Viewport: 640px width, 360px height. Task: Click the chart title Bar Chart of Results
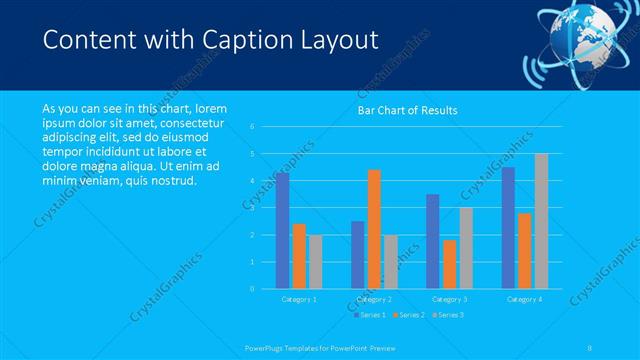407,110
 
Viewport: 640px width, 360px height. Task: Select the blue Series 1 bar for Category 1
283,230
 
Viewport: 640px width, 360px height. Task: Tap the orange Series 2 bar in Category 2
374,229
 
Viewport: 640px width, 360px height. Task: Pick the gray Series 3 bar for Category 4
541,221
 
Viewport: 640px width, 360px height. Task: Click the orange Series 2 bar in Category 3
450,264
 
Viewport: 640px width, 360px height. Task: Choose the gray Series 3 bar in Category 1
316,261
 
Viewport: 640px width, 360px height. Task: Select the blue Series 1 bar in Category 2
358,254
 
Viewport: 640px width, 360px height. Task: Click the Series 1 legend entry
371,315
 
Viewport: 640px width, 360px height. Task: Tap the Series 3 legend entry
449,315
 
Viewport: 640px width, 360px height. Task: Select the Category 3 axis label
450,298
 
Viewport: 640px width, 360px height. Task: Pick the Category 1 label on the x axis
299,298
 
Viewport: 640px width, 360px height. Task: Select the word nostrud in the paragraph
172,180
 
